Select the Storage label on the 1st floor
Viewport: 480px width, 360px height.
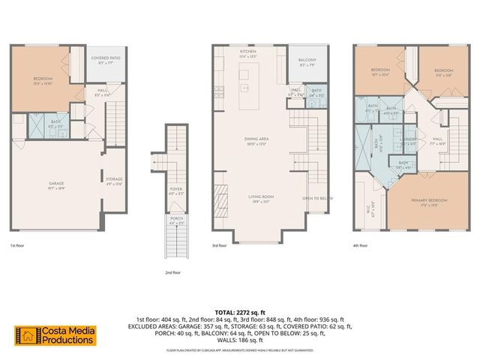point(114,179)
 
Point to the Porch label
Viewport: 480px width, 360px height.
point(175,220)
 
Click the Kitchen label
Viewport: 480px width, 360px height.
point(248,52)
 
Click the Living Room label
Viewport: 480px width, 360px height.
point(261,197)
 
